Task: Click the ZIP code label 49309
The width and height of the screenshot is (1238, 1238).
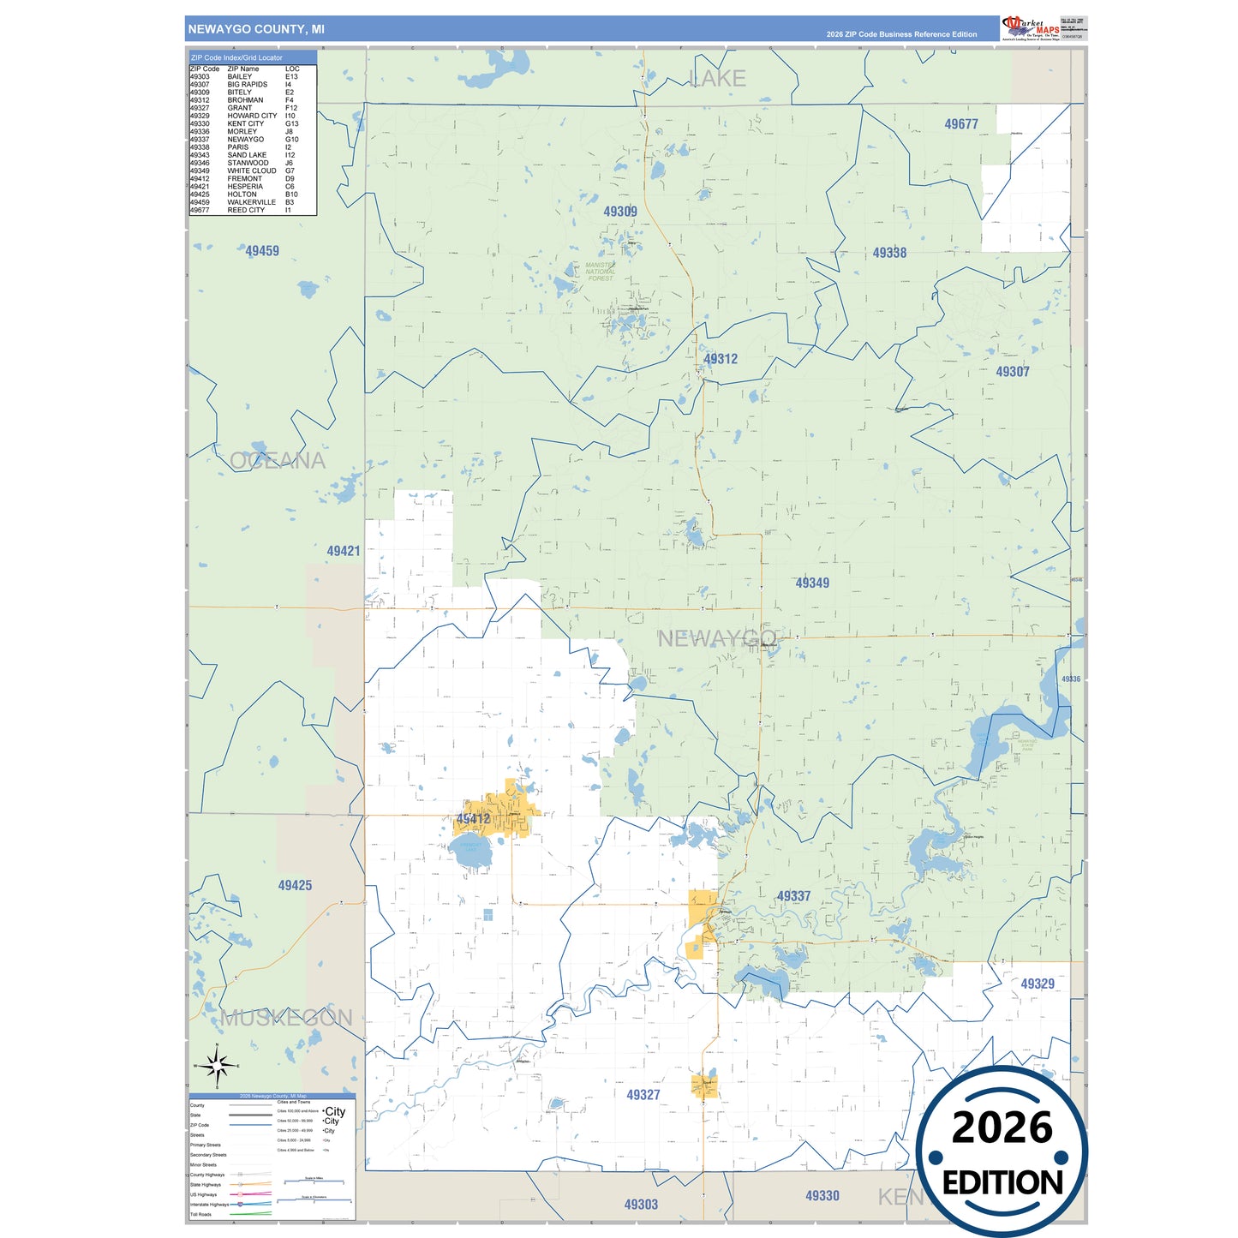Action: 619,212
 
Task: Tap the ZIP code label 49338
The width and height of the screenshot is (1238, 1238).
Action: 889,253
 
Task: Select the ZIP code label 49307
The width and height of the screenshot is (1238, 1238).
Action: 1012,372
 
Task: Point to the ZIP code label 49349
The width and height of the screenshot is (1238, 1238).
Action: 812,583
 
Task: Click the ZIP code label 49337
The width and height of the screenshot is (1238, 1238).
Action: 793,896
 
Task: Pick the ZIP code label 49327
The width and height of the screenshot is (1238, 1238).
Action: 643,1095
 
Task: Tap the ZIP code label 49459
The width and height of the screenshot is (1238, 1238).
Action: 262,251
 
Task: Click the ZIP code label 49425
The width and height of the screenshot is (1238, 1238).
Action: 295,885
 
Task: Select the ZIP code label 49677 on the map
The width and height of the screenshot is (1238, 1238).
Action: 960,124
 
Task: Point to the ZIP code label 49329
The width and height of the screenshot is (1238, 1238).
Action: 1037,984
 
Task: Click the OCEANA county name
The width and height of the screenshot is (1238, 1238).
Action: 278,461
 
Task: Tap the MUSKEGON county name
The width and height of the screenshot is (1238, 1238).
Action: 286,1018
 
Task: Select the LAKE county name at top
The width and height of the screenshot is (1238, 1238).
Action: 718,79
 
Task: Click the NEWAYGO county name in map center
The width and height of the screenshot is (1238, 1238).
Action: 716,638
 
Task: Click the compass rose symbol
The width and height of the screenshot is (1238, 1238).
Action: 217,1067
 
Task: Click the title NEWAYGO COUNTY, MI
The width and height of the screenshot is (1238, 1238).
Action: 256,29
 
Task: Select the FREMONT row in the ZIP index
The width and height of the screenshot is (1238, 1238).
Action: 244,179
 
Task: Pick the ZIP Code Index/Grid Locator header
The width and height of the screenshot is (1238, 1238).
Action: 236,57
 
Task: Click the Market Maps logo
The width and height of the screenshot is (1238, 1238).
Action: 1031,27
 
